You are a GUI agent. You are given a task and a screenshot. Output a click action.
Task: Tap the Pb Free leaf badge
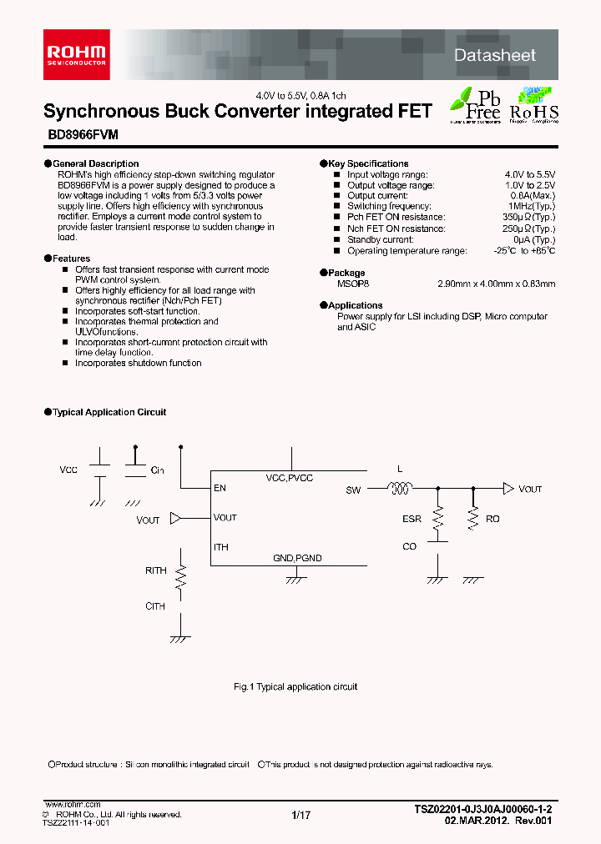click(475, 103)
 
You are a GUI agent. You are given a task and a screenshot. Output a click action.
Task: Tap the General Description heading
click(95, 163)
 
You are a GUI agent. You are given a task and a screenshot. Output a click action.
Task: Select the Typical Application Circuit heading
click(109, 412)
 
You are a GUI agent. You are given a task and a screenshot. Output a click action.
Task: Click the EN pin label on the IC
click(220, 488)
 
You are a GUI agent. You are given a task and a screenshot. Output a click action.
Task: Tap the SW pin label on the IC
click(353, 490)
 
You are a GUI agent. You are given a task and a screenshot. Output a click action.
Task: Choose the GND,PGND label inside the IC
click(297, 557)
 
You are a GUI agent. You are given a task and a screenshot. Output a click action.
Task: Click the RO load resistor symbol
click(473, 518)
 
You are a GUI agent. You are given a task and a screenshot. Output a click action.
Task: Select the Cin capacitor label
click(157, 470)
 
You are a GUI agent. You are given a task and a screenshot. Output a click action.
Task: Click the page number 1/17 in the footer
click(301, 816)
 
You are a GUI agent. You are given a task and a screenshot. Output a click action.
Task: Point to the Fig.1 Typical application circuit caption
click(295, 686)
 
